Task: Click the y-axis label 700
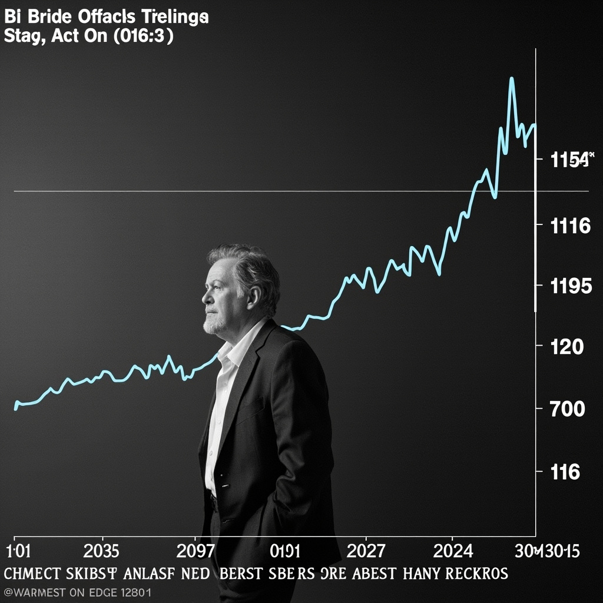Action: point(566,409)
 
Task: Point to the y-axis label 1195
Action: point(570,287)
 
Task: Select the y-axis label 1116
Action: point(570,226)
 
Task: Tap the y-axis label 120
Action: point(566,347)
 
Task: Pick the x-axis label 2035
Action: point(101,551)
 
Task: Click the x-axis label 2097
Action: point(196,551)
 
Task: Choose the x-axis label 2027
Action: point(366,551)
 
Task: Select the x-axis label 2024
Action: point(453,551)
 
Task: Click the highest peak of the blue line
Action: point(511,78)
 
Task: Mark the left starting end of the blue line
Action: point(15,407)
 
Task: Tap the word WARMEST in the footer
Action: point(35,592)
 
